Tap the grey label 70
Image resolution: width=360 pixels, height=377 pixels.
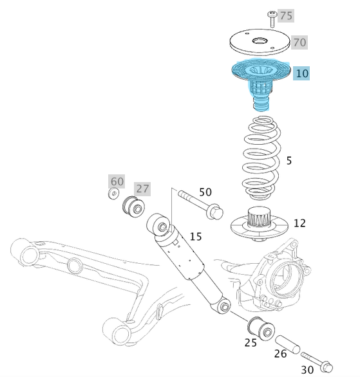point(299,42)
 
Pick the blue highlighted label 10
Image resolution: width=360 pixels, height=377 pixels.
point(301,73)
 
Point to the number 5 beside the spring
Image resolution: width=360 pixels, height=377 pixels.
point(289,160)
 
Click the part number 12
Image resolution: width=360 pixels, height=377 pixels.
point(299,223)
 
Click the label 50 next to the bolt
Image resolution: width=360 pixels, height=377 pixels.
point(205,192)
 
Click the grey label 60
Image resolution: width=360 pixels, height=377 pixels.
point(117,181)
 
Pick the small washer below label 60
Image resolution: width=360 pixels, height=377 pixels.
point(115,194)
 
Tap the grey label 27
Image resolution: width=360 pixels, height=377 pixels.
point(142,189)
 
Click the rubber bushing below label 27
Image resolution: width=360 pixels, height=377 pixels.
point(133,207)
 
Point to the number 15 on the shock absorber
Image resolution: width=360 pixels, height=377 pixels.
point(195,237)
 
